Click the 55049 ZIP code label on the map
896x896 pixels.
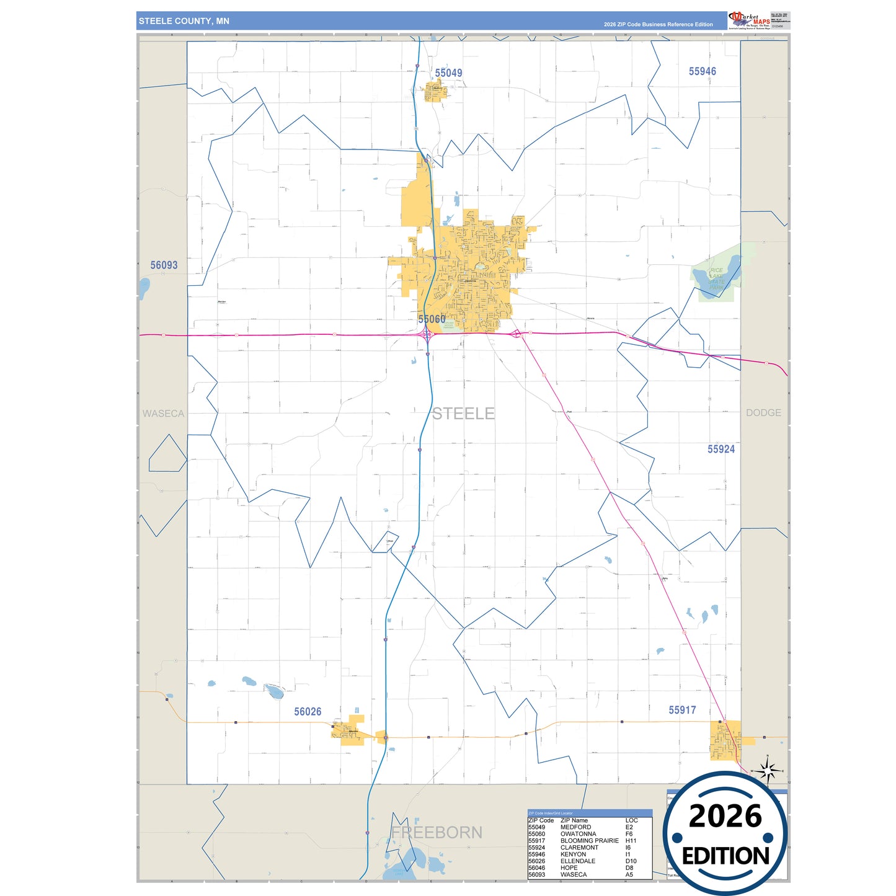pyautogui.click(x=448, y=73)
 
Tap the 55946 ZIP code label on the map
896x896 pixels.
pyautogui.click(x=702, y=71)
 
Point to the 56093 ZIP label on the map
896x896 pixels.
pyautogui.click(x=164, y=265)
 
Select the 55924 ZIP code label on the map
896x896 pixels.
pyautogui.click(x=721, y=449)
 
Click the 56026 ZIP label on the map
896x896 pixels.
pyautogui.click(x=308, y=711)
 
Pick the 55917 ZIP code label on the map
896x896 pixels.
pyautogui.click(x=682, y=710)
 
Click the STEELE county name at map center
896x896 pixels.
pyautogui.click(x=463, y=414)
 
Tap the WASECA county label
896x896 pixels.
pyautogui.click(x=163, y=414)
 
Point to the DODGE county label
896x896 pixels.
pyautogui.click(x=763, y=413)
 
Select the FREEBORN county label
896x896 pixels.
pyautogui.click(x=437, y=832)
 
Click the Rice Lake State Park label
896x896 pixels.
pyautogui.click(x=716, y=279)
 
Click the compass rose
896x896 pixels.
pyautogui.click(x=768, y=772)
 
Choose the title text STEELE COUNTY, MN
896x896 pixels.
pyautogui.click(x=184, y=21)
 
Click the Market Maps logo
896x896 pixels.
pyautogui.click(x=750, y=20)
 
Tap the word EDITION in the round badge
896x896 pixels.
pyautogui.click(x=725, y=856)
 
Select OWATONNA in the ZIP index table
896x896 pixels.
pyautogui.click(x=578, y=834)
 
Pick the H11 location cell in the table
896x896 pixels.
pyautogui.click(x=631, y=841)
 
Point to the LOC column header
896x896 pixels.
pyautogui.click(x=631, y=820)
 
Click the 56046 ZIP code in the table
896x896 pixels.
pyautogui.click(x=536, y=868)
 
